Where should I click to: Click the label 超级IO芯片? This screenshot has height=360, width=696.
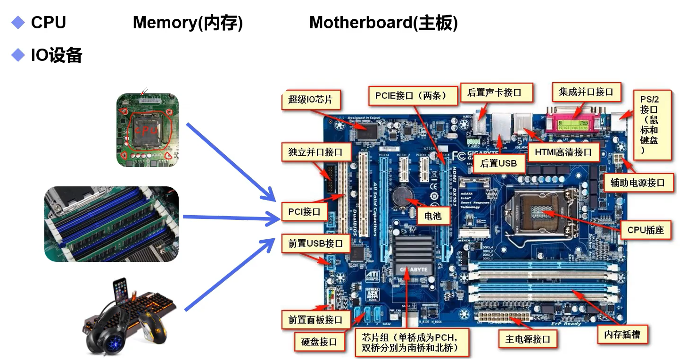[x=310, y=100]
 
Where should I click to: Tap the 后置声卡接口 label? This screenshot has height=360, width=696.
[x=494, y=92]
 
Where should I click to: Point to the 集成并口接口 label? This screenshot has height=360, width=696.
[x=586, y=92]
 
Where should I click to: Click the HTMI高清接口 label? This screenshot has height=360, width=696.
[x=563, y=152]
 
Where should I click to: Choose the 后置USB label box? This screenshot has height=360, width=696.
[x=498, y=163]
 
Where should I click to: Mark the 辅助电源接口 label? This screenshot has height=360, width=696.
[x=638, y=183]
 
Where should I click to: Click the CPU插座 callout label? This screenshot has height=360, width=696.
[x=646, y=230]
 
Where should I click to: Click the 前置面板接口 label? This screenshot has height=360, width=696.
[x=315, y=320]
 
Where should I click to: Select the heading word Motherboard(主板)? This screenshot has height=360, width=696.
[x=383, y=23]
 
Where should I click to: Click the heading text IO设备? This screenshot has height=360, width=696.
[x=57, y=56]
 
